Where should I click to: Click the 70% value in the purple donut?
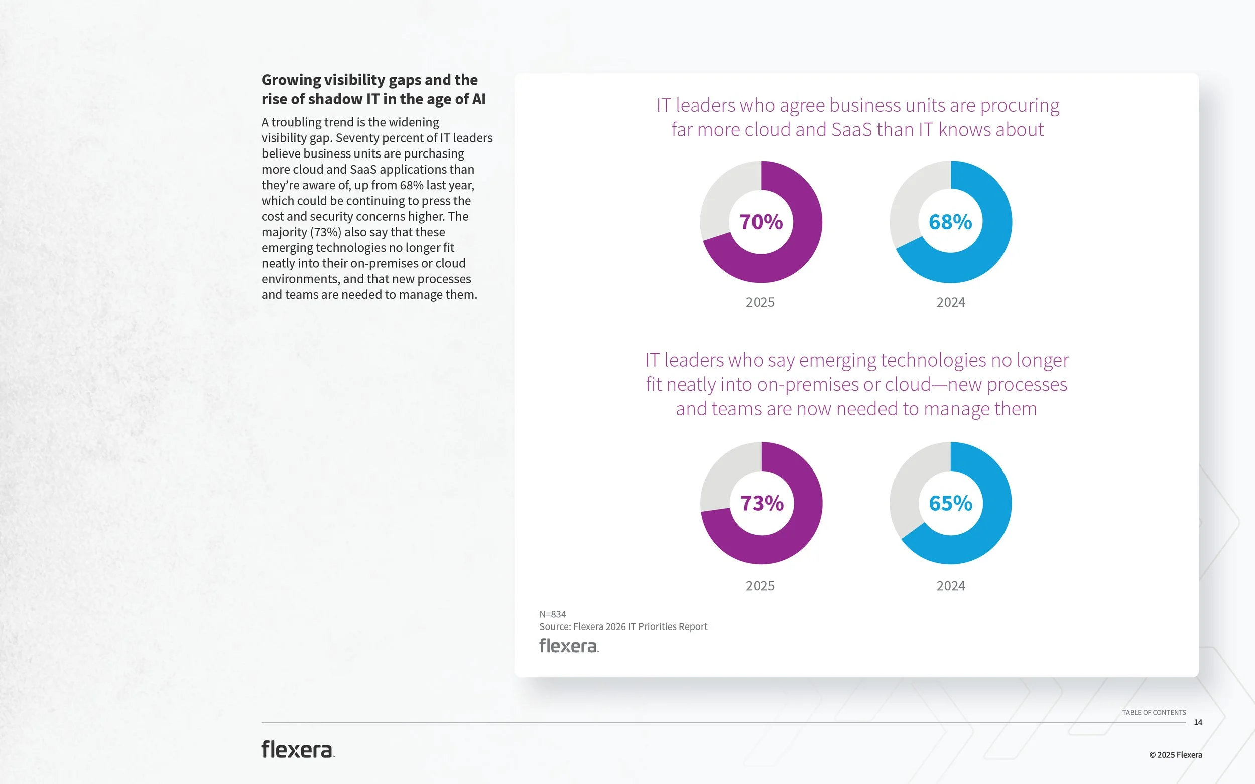(x=761, y=222)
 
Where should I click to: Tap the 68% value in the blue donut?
(x=950, y=222)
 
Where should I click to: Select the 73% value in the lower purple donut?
(x=762, y=503)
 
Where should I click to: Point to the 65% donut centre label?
(x=950, y=503)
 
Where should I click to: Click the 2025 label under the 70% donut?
(x=760, y=302)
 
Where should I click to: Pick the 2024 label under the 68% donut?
(x=950, y=302)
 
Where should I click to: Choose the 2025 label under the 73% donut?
(x=760, y=586)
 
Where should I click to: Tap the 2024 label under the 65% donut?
(x=950, y=586)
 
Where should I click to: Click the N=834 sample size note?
(x=553, y=614)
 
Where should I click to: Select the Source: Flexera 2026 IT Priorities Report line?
(x=623, y=626)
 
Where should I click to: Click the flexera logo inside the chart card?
(x=569, y=646)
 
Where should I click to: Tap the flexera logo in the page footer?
(x=298, y=750)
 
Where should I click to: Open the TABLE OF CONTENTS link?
(x=1154, y=712)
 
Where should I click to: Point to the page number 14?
(x=1198, y=722)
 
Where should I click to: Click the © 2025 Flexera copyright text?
(x=1175, y=755)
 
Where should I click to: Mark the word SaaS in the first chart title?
(x=852, y=129)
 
